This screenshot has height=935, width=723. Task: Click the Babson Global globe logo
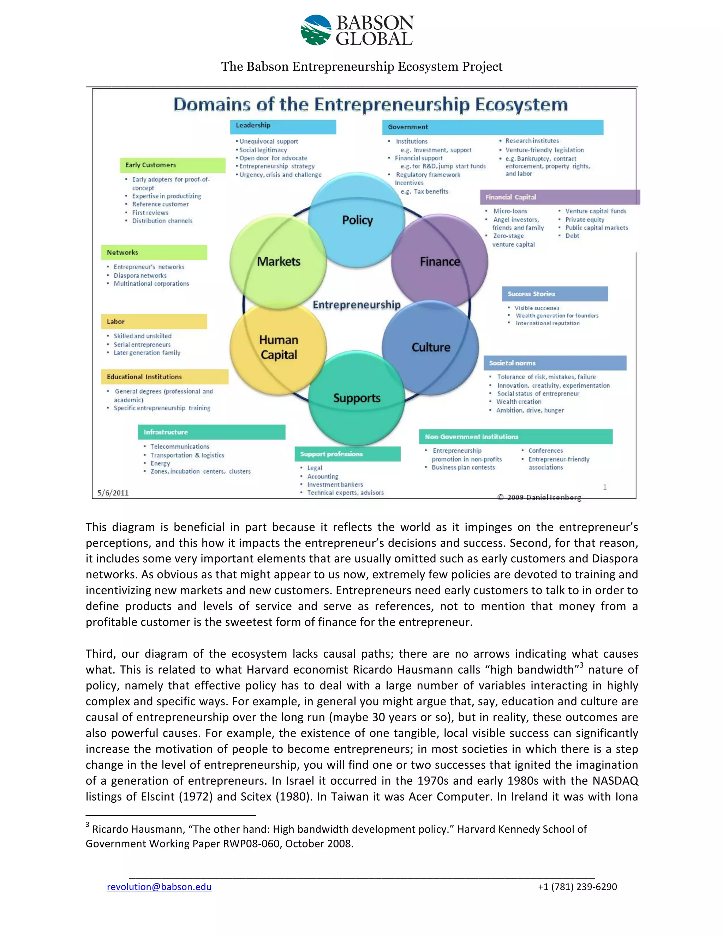316,30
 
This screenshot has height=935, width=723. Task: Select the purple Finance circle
440,261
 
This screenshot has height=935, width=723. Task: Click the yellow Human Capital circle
279,347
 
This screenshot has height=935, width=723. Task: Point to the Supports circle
356,398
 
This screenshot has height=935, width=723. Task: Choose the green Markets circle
279,261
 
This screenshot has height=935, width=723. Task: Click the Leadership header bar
283,126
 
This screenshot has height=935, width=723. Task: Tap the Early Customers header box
172,165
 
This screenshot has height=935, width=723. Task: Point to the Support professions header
347,454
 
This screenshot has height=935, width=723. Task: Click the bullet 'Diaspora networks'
140,276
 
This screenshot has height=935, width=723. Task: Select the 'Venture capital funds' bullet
595,211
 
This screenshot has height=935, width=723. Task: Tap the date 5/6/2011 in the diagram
113,493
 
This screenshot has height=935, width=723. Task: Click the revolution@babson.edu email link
159,887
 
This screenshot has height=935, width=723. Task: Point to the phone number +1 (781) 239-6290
577,887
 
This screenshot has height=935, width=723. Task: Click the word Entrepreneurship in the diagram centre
356,305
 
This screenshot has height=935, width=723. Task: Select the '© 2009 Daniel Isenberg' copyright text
539,497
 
